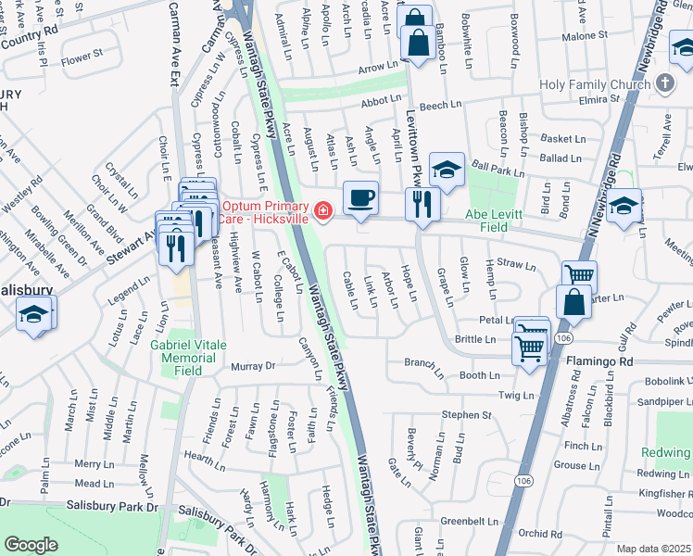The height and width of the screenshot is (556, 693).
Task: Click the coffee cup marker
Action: click(360, 197)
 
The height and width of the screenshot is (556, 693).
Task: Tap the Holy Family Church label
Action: click(594, 84)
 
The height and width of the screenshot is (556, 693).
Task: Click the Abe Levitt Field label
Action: click(499, 221)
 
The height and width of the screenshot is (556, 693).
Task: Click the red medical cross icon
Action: click(323, 212)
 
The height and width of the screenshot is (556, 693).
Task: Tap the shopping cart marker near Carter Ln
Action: click(579, 275)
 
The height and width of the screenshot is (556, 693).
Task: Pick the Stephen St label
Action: click(466, 415)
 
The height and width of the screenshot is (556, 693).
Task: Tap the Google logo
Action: click(31, 545)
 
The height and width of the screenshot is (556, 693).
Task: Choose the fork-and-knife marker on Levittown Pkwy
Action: click(422, 203)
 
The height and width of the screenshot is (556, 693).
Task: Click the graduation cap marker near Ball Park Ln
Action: click(447, 170)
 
